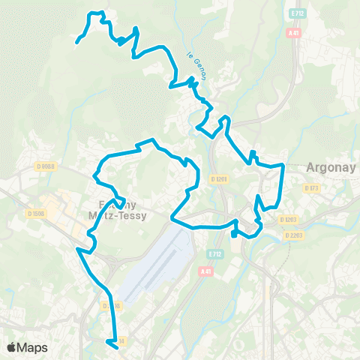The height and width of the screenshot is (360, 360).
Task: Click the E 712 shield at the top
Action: coord(295,13)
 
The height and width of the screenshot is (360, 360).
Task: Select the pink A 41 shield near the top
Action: coord(293,33)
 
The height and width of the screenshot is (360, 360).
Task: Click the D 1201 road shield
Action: coord(219,178)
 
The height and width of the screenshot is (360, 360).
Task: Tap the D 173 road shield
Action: coord(312,188)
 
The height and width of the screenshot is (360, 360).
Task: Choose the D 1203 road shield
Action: coord(288,220)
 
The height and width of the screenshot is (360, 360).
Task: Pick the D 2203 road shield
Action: coord(294,235)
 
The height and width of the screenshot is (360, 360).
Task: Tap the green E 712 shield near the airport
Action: coord(216,254)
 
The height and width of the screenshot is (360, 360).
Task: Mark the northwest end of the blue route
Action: coord(77,43)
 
